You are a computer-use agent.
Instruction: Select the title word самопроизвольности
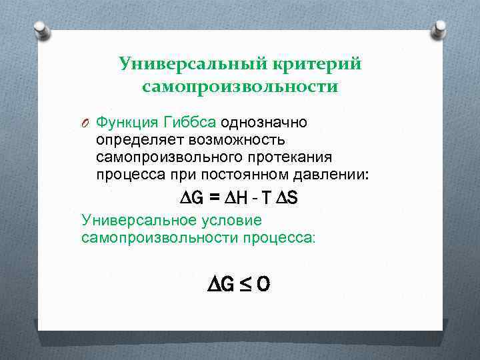tap(240, 87)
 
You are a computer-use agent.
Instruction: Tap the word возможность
tap(238, 140)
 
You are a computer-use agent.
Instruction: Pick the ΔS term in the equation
tap(289, 198)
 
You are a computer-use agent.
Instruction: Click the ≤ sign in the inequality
tap(245, 285)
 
